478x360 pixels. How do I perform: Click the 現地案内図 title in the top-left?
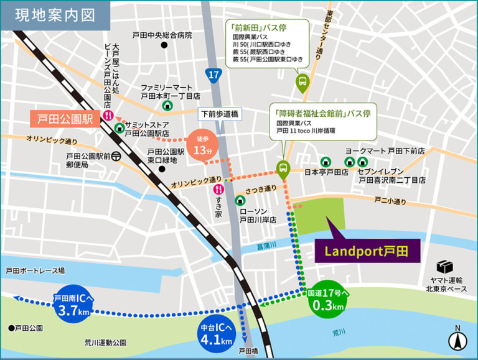55,16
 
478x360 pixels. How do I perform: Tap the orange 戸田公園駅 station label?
65,118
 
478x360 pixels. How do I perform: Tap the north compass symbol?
457,339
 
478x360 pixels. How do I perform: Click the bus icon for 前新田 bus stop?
302,81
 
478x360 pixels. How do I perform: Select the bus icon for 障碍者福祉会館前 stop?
283,168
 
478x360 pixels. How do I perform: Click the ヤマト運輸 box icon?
444,266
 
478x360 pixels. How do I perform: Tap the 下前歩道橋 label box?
218,114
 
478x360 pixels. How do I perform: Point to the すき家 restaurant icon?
218,189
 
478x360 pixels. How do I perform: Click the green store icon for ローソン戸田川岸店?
240,200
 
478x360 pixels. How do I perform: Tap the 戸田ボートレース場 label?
35,271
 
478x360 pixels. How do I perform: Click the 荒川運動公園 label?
105,343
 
